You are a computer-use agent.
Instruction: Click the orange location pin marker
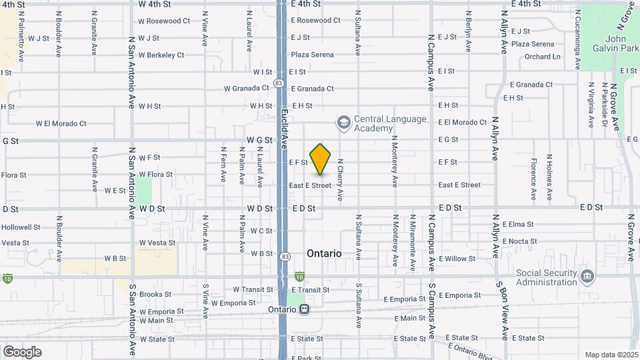tap(321, 159)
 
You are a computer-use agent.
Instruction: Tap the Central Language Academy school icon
tap(343, 123)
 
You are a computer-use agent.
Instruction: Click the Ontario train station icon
tap(305, 309)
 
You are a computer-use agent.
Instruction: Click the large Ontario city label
tap(324, 254)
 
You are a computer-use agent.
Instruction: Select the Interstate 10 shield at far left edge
tap(7, 277)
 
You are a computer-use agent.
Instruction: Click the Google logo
tap(22, 351)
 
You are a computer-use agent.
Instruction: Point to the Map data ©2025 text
tap(611, 355)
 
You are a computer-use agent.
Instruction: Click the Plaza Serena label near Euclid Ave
tap(311, 55)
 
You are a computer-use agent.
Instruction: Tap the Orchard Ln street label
tap(542, 57)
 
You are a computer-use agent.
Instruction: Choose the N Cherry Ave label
tap(340, 180)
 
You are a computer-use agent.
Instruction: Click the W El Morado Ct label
tap(61, 123)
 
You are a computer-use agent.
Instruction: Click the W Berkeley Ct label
tap(161, 55)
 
